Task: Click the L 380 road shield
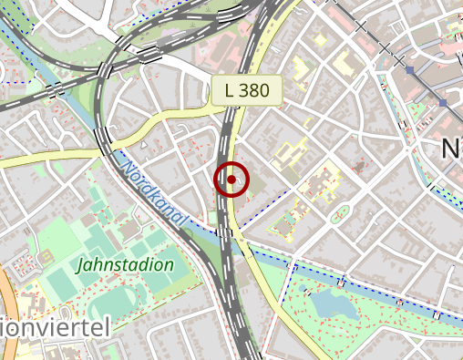pyautogui.click(x=247, y=91)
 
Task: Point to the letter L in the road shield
pyautogui.click(x=229, y=91)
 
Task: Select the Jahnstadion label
pyautogui.click(x=125, y=265)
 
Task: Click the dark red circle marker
pyautogui.click(x=231, y=180)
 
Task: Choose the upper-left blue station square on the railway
pyautogui.click(x=410, y=70)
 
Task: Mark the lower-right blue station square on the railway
pyautogui.click(x=443, y=103)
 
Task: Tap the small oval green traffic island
pyautogui.click(x=339, y=216)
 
